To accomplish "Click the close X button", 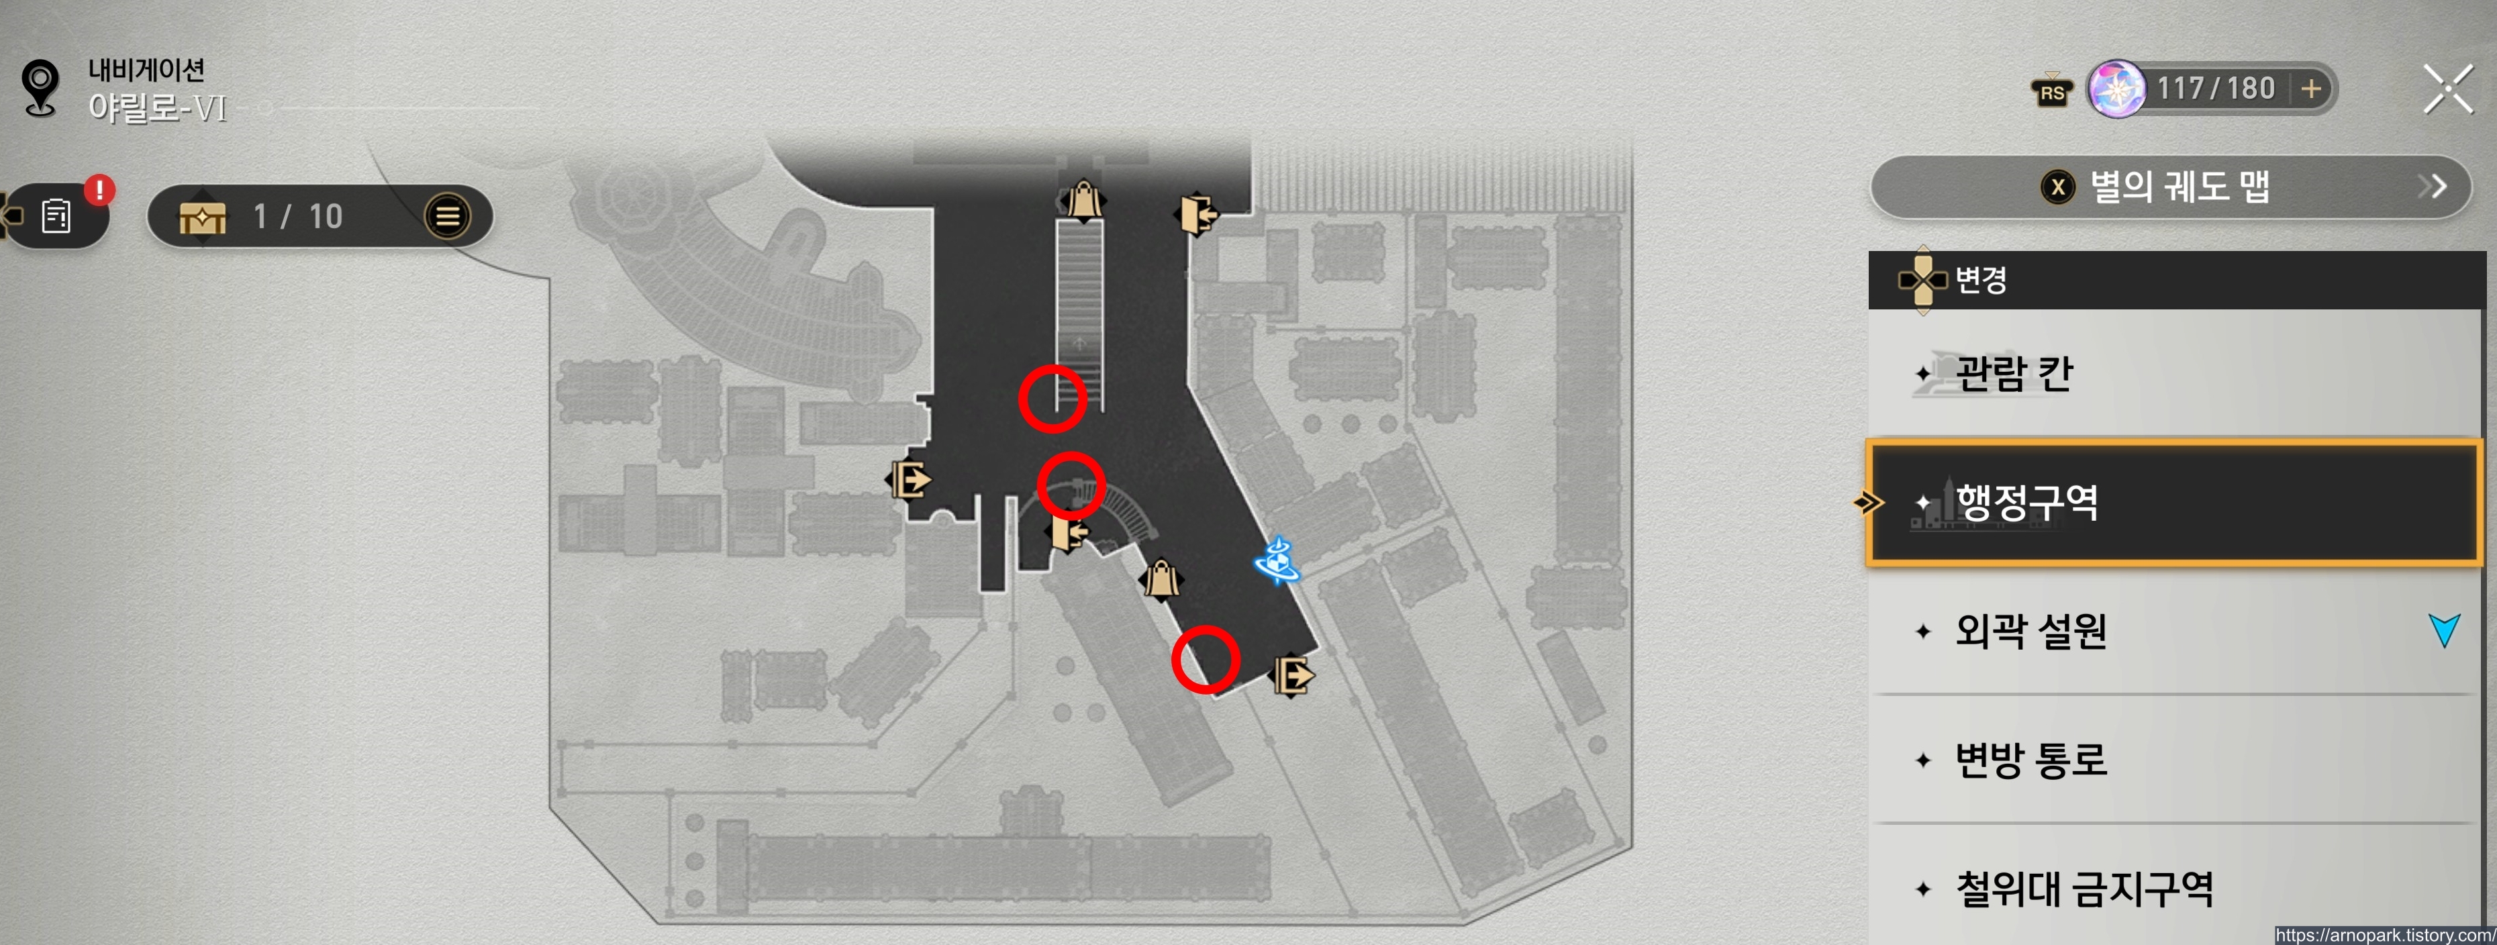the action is (2447, 89).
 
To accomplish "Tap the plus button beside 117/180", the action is (2311, 89).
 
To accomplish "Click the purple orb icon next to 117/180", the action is (2115, 89).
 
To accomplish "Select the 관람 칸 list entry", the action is (2171, 373).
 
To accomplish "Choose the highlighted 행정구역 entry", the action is (2171, 502).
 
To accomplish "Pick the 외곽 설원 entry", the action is (2171, 631).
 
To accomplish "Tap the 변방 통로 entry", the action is (2171, 760).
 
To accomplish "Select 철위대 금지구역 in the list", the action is (2171, 889).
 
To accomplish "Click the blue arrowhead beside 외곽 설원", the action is (2444, 630).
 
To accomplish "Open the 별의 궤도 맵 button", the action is (2171, 186).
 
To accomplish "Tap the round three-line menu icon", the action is (447, 216).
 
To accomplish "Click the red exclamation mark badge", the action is (99, 189).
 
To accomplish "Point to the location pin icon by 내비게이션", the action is (41, 87).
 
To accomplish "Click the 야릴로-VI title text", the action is (157, 107).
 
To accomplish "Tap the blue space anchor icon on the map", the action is (1277, 561).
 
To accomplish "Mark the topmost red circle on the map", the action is (1052, 399).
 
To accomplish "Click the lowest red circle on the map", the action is (1205, 660).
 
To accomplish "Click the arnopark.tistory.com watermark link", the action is (2384, 936).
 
